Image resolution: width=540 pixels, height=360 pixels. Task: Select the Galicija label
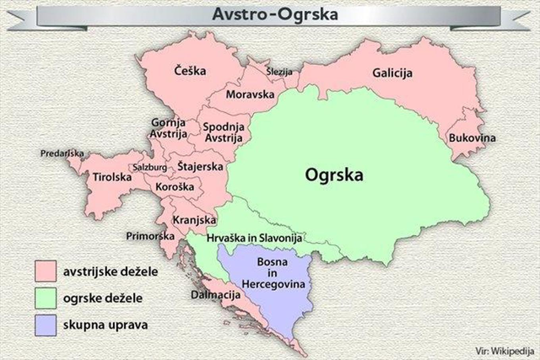click(392, 73)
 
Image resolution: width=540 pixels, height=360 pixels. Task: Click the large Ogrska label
click(334, 176)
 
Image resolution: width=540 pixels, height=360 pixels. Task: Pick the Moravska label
click(251, 94)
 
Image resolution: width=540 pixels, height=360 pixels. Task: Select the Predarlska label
click(62, 153)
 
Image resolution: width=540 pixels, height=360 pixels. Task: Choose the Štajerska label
click(201, 168)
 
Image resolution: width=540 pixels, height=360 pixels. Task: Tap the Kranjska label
click(195, 220)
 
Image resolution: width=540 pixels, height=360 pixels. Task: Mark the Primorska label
click(148, 236)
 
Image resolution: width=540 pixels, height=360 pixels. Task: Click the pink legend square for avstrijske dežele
click(45, 271)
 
